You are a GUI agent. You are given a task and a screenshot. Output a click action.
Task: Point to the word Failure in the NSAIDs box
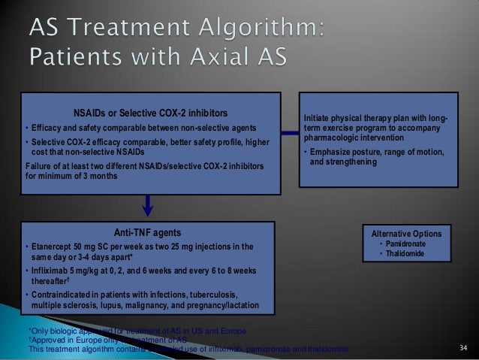click(x=38, y=166)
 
